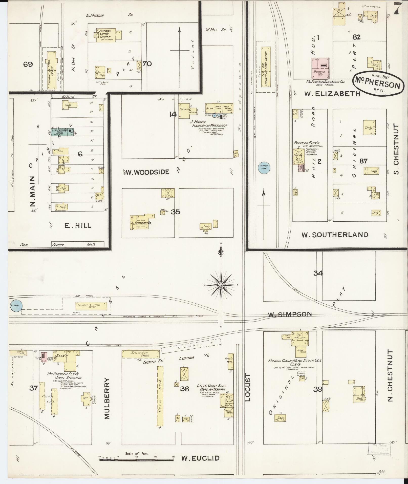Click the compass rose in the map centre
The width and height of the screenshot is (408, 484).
[221, 285]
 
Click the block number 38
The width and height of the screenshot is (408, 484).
[184, 389]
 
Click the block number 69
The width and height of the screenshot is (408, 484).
[28, 64]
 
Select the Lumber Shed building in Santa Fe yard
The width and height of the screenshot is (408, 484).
[141, 354]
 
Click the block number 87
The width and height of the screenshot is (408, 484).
[363, 161]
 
